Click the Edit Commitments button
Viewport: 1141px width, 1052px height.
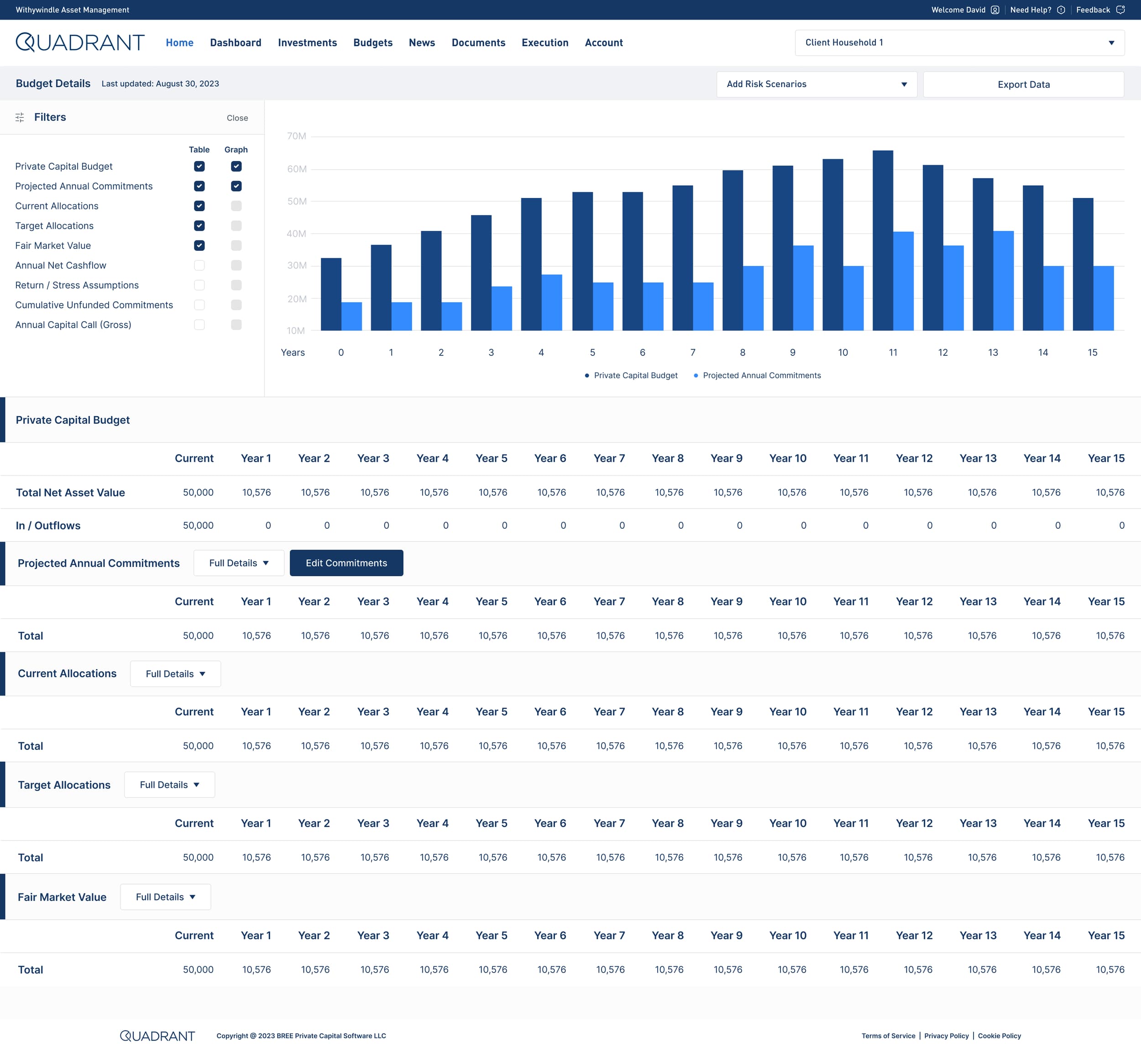[346, 563]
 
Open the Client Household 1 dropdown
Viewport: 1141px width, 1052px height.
[959, 43]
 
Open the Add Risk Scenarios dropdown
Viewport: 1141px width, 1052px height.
[816, 84]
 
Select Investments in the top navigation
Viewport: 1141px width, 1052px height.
[307, 43]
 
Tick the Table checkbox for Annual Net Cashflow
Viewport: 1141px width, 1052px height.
[199, 265]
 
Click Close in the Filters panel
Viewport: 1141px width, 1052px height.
[237, 118]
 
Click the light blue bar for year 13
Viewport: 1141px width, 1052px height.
[1003, 281]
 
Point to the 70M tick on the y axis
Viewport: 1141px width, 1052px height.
[296, 136]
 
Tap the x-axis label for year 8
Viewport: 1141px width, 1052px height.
[743, 352]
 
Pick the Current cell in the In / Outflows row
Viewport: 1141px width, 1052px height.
[198, 526]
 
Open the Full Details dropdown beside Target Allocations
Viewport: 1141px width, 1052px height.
[169, 785]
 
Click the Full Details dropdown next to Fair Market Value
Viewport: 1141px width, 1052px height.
[165, 897]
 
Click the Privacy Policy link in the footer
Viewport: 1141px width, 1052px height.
[946, 1036]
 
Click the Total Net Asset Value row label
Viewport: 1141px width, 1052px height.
[70, 492]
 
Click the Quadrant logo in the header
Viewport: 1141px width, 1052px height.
[80, 43]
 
